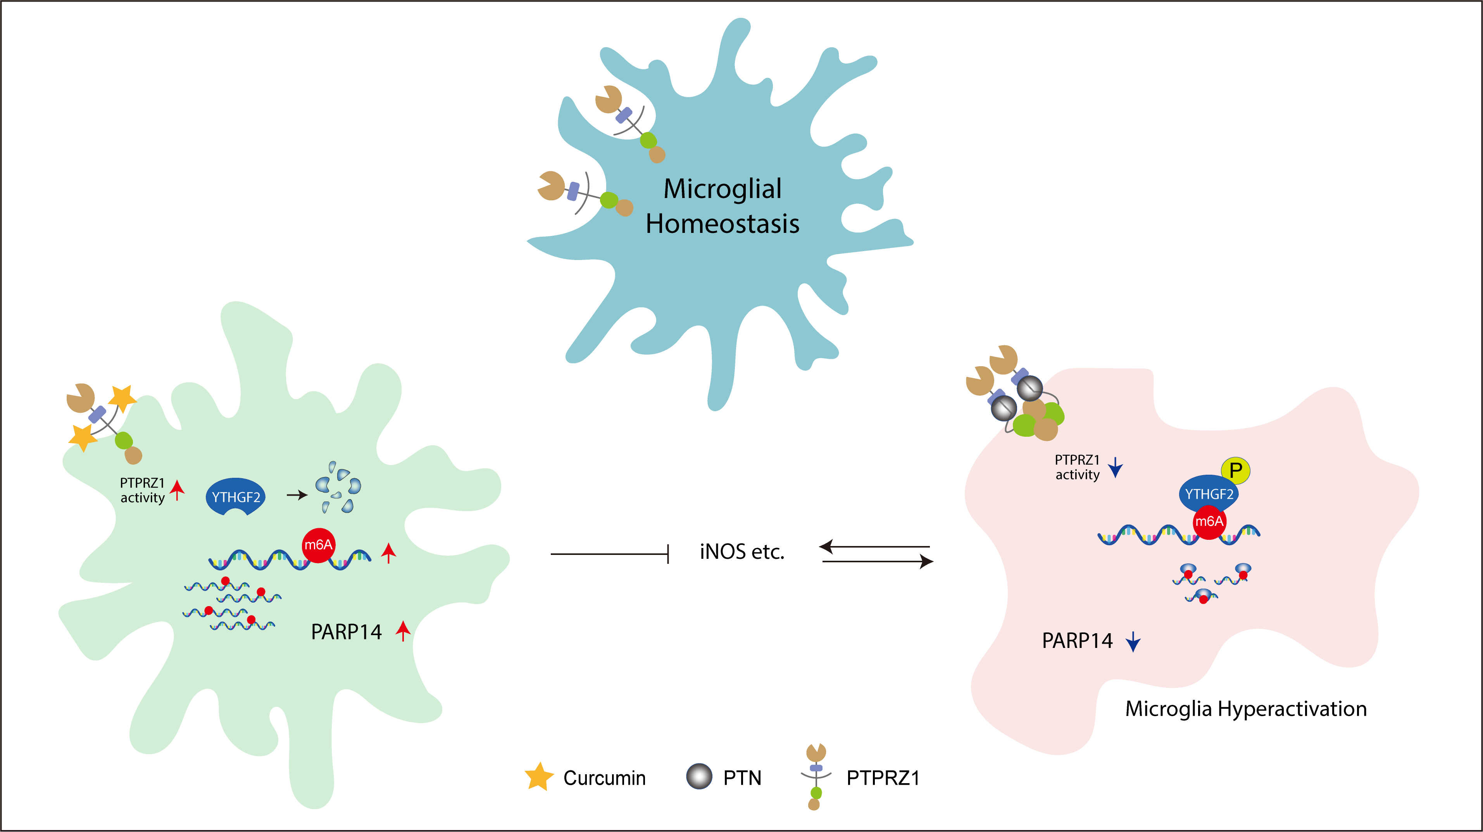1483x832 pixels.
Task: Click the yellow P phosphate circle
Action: [1235, 470]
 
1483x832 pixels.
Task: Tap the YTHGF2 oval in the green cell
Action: [235, 496]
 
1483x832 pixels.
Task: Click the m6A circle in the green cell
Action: [318, 544]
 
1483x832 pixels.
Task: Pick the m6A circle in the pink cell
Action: [1209, 521]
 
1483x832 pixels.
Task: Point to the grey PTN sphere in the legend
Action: [699, 777]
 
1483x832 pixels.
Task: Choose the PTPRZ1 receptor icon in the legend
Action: [815, 777]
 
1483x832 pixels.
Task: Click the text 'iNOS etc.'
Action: [741, 552]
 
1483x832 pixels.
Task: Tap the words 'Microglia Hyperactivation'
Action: [1246, 709]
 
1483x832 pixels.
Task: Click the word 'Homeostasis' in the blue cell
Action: [722, 224]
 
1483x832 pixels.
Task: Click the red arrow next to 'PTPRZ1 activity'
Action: [177, 490]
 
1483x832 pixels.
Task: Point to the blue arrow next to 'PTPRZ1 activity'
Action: [1116, 467]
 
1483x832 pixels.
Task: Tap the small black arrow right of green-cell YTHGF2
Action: [297, 495]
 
